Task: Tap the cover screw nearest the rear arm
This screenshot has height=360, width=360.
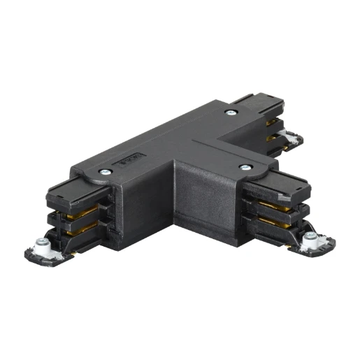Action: pyautogui.click(x=230, y=112)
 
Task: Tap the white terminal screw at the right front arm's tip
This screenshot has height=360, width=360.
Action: pyautogui.click(x=310, y=242)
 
